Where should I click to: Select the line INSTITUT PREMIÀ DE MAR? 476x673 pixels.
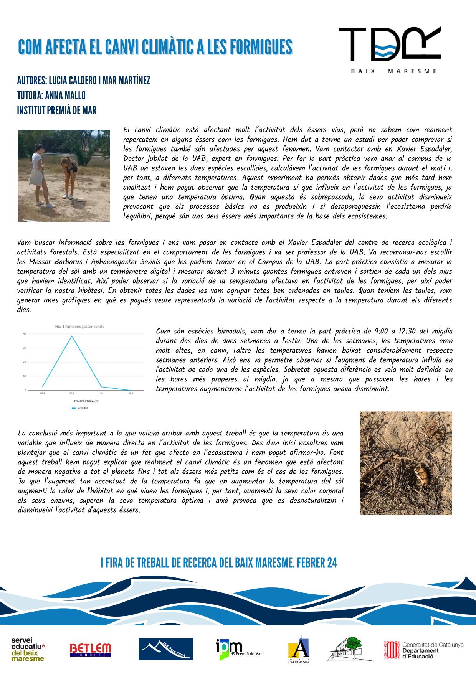click(56, 111)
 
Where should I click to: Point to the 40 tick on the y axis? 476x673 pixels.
click(25, 334)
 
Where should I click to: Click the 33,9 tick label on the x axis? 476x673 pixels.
click(71, 393)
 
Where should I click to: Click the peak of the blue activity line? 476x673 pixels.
click(72, 336)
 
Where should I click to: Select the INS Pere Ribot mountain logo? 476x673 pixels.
click(166, 649)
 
